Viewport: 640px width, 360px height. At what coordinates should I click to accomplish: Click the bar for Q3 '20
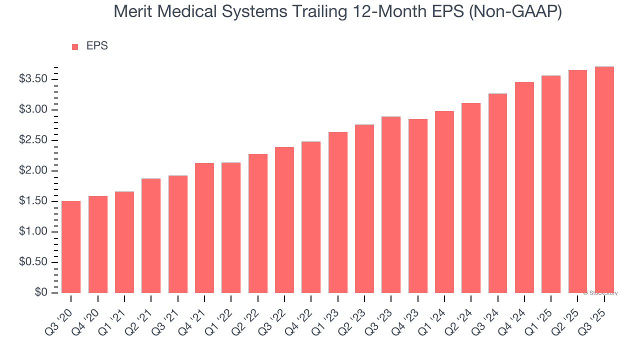[x=71, y=247]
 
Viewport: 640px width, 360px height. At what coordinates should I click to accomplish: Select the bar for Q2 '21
[x=151, y=235]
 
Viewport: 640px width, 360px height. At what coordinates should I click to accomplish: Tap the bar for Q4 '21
[x=204, y=228]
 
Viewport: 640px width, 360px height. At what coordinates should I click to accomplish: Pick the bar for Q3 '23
[x=391, y=204]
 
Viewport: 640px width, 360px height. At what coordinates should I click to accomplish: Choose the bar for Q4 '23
[x=418, y=206]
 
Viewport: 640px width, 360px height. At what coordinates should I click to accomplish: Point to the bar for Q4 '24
[x=524, y=187]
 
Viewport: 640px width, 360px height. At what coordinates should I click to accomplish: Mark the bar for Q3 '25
[x=604, y=179]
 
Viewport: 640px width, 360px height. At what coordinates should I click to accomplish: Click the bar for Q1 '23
[x=338, y=212]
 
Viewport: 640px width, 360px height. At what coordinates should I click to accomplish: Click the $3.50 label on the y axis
[x=33, y=79]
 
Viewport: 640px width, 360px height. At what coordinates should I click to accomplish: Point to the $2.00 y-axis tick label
[x=33, y=170]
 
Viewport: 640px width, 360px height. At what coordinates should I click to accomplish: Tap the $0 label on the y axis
[x=41, y=292]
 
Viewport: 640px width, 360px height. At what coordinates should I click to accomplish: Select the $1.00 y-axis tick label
[x=33, y=231]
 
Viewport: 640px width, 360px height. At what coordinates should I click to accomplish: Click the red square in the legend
[x=75, y=46]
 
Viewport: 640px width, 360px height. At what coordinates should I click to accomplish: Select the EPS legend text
[x=97, y=46]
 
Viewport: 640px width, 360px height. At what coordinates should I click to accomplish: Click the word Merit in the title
[x=131, y=12]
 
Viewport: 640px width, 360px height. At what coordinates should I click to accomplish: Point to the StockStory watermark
[x=600, y=293]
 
